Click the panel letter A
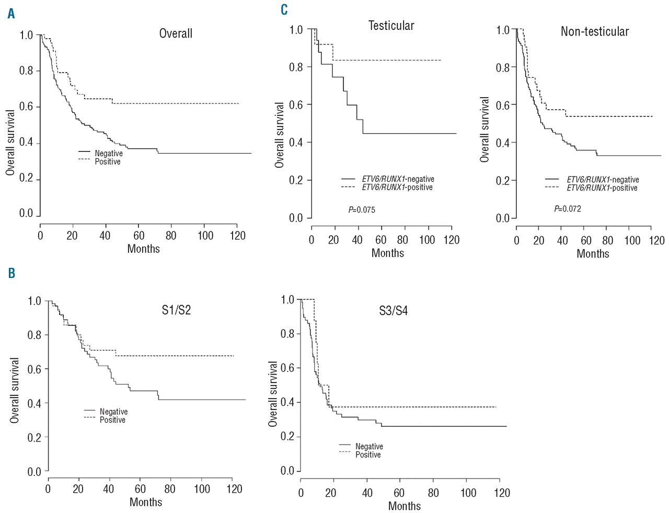[11, 14]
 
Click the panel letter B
[11, 273]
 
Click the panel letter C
[284, 10]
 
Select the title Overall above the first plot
[176, 33]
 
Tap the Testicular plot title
[391, 26]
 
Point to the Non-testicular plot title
[594, 31]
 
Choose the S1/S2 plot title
[176, 310]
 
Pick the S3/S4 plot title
[393, 311]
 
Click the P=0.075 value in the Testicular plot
[362, 210]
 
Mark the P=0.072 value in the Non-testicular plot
[568, 209]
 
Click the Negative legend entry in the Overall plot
[108, 153]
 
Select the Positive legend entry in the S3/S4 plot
[368, 455]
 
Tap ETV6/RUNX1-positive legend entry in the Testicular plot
[397, 188]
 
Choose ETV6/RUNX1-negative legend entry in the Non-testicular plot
[603, 180]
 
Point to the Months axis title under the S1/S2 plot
[146, 502]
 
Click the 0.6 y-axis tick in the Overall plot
[26, 107]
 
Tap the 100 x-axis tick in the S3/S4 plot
[468, 493]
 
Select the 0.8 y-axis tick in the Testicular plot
[296, 67]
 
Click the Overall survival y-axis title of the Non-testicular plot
[485, 130]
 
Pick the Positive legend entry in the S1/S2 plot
[112, 420]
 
